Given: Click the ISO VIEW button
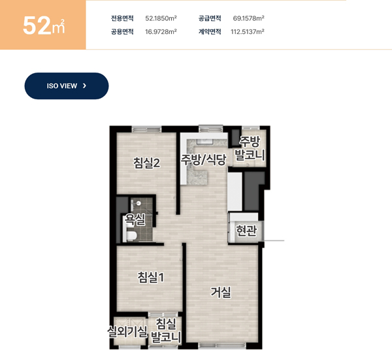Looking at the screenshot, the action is coord(67,86).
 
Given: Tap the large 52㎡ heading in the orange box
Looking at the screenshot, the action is coord(44,25).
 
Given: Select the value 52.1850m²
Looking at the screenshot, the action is coord(161,18).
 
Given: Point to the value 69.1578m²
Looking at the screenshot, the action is coord(248,18).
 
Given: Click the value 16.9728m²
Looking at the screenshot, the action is coord(161,31).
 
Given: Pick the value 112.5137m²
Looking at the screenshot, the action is coord(248,31).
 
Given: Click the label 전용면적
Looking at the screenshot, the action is coord(122,18).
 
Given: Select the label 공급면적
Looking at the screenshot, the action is coord(210,18).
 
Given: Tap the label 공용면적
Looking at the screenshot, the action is coord(122,31).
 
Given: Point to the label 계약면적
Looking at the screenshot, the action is coord(210,31).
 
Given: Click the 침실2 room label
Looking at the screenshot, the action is coord(146,163).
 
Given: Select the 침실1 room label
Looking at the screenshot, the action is coord(151,277).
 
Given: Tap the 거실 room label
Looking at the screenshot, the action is coord(221,292).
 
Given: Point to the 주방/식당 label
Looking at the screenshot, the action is coord(204,159).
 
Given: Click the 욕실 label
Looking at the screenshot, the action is coord(135,220).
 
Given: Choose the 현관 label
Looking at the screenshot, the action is coord(246,231).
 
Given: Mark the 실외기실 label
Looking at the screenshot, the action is coord(127,332).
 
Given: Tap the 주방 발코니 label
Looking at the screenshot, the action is coord(250,148).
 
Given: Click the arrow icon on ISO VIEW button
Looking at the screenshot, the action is coord(84,86).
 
